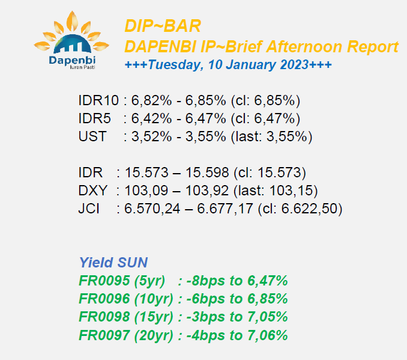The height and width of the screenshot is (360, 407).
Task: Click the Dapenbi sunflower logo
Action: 71,40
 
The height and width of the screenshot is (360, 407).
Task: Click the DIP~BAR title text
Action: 163,26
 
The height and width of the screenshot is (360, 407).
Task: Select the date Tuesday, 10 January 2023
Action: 229,65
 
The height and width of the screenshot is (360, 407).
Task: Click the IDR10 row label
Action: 98,100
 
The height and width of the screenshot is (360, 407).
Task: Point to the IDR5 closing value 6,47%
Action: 274,118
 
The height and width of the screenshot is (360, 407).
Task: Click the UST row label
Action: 92,136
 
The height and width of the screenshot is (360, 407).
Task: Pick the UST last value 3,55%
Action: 287,136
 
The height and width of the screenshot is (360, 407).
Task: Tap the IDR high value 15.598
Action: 207,172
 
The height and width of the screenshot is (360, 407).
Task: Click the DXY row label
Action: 92,191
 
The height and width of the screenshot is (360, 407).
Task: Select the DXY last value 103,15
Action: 291,191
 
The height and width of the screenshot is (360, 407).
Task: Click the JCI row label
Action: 89,209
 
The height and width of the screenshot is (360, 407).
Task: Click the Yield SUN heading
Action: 113,262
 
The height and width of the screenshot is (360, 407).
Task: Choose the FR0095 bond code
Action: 104,281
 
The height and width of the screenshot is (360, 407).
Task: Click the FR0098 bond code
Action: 104,317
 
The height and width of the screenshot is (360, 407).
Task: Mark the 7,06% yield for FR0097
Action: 268,335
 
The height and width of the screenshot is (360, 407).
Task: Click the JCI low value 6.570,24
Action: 152,209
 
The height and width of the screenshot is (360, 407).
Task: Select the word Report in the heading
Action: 372,47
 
